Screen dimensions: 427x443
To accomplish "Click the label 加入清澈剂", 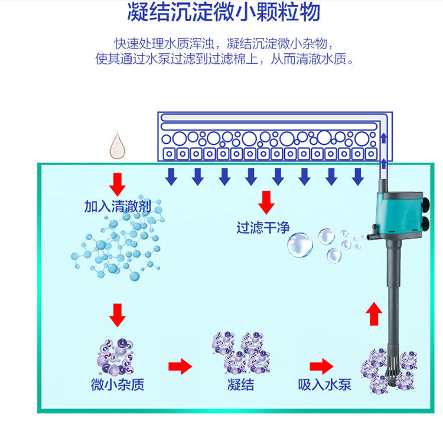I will (x=118, y=206).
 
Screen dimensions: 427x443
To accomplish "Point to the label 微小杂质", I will (x=118, y=385).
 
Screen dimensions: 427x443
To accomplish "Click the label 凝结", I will (x=240, y=385).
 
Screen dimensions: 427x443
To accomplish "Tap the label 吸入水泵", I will (x=325, y=385).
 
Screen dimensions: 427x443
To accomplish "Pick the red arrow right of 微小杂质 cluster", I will (x=180, y=366).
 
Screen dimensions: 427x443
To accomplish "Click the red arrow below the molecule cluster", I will (x=118, y=315).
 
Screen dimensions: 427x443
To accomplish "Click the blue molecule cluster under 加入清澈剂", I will (x=118, y=248).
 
